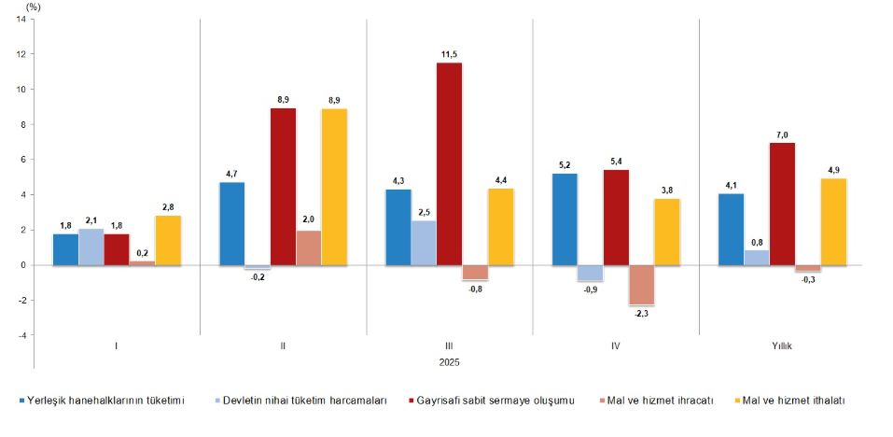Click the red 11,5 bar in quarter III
[x=449, y=163]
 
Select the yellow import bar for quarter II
[x=333, y=187]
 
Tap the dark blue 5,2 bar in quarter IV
[x=564, y=219]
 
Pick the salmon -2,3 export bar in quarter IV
[x=641, y=285]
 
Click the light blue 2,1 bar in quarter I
[x=91, y=247]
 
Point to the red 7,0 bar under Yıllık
[x=782, y=204]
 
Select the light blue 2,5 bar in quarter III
[x=423, y=243]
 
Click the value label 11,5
[x=449, y=54]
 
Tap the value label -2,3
[x=641, y=315]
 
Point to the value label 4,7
[x=231, y=174]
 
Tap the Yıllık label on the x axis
[x=782, y=345]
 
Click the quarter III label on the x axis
[x=449, y=345]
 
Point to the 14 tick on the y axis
[x=21, y=20]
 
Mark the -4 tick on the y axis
[x=21, y=335]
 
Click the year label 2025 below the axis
[x=449, y=361]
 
